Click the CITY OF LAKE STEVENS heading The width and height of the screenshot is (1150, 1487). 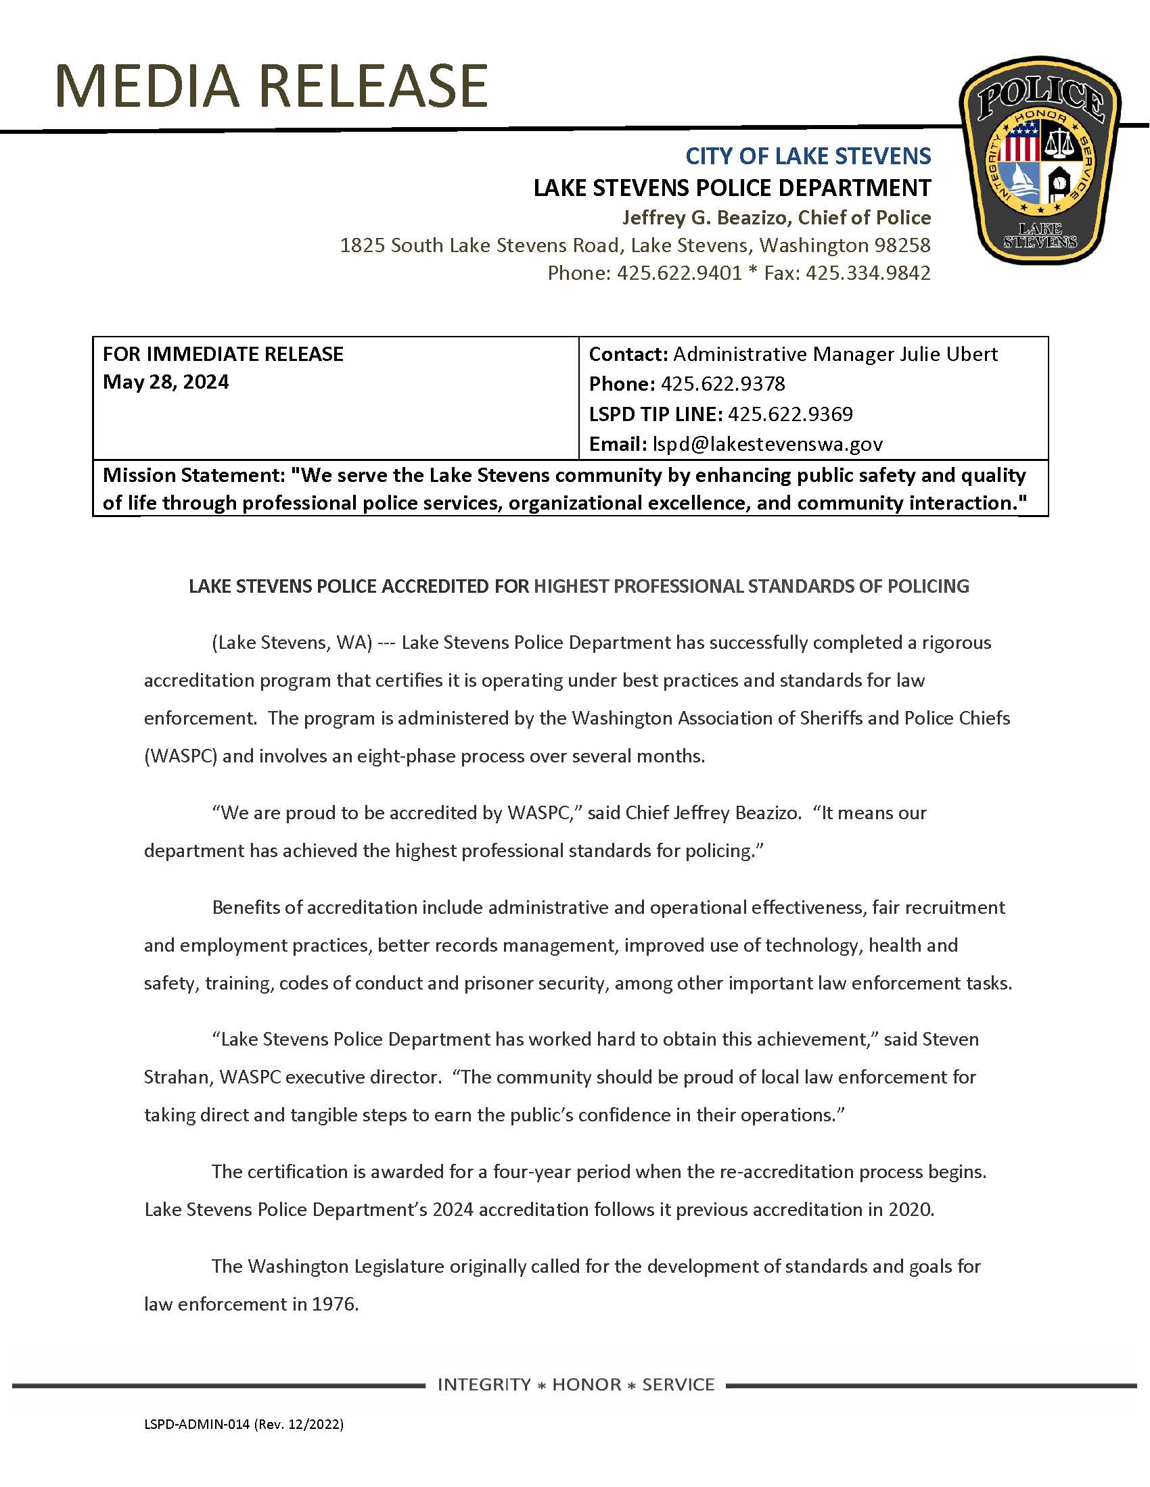[x=807, y=156]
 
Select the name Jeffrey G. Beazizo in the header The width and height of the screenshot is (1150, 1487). [x=706, y=217]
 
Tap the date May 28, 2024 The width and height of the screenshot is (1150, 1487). [x=166, y=382]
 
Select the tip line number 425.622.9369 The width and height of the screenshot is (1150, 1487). [x=789, y=414]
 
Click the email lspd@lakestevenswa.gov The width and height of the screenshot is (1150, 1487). [x=767, y=444]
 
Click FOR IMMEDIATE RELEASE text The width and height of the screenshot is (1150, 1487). [x=223, y=354]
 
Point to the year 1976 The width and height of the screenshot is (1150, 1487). [x=333, y=1304]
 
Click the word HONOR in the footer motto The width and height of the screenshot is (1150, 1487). [x=586, y=1384]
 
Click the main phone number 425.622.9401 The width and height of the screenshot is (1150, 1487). [x=678, y=273]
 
